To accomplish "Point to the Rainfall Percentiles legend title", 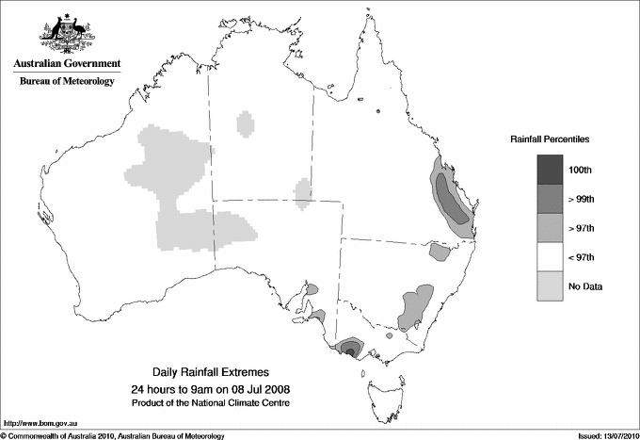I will (x=550, y=139).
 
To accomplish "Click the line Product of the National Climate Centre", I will (x=211, y=403).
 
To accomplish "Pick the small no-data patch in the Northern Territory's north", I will (x=246, y=123).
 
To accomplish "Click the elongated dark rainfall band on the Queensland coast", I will (x=451, y=198).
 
